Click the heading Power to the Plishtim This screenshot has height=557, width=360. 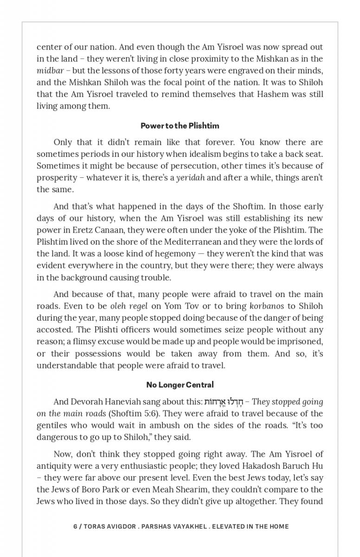coord(180,126)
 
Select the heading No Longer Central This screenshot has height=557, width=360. coord(180,385)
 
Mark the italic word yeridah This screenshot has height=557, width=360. coord(190,178)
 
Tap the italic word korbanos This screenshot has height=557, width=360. coord(266,306)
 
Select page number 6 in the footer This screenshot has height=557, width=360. coord(75,526)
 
